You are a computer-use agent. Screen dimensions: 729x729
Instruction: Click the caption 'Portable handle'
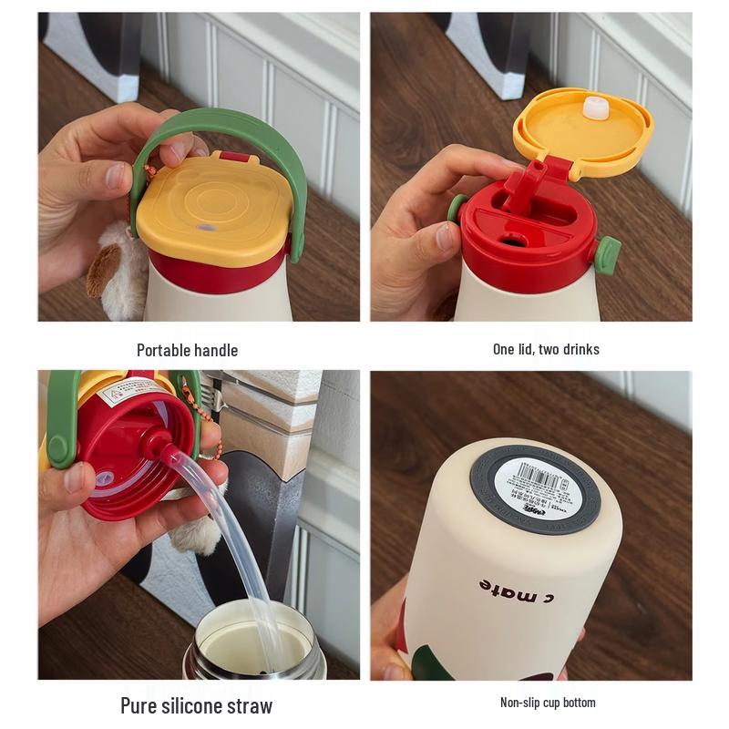tap(187, 350)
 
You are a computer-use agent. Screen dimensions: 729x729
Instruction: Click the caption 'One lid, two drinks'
tap(546, 349)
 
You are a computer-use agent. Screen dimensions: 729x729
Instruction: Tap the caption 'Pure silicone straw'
tap(196, 704)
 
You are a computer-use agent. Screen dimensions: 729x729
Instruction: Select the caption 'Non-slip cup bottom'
tap(547, 702)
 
